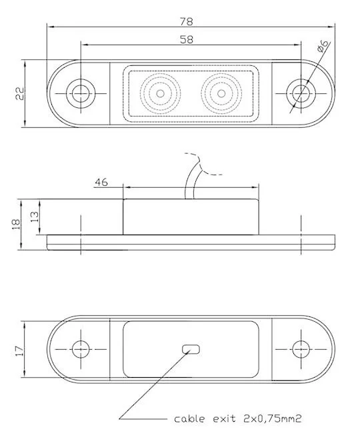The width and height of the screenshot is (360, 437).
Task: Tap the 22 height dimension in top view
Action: click(19, 94)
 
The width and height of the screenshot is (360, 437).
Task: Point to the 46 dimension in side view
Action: click(101, 181)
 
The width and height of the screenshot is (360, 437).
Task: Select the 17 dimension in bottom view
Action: click(19, 348)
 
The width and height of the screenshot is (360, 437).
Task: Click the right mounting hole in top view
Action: click(301, 94)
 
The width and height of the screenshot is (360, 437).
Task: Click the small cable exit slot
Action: click(192, 348)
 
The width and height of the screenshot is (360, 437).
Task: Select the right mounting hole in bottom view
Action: click(301, 348)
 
